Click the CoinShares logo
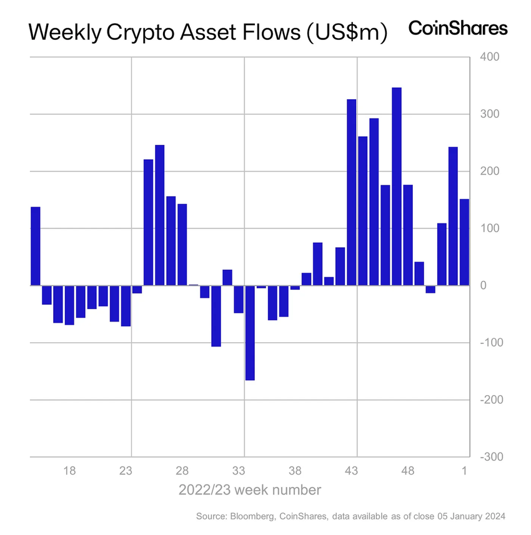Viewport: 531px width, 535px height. click(x=457, y=28)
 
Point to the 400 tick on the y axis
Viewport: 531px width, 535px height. click(x=489, y=57)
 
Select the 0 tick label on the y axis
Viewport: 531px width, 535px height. click(x=483, y=285)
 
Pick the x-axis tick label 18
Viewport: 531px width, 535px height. click(x=69, y=471)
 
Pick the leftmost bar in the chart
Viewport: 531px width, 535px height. click(x=36, y=246)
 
